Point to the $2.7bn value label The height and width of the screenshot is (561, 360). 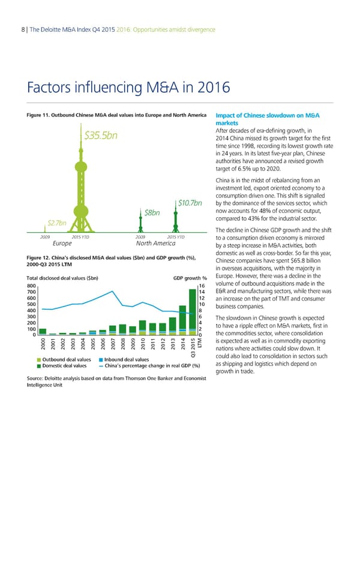coord(56,224)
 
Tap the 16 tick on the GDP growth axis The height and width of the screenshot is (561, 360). coord(202,286)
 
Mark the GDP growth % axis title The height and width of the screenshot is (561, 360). coord(190,278)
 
